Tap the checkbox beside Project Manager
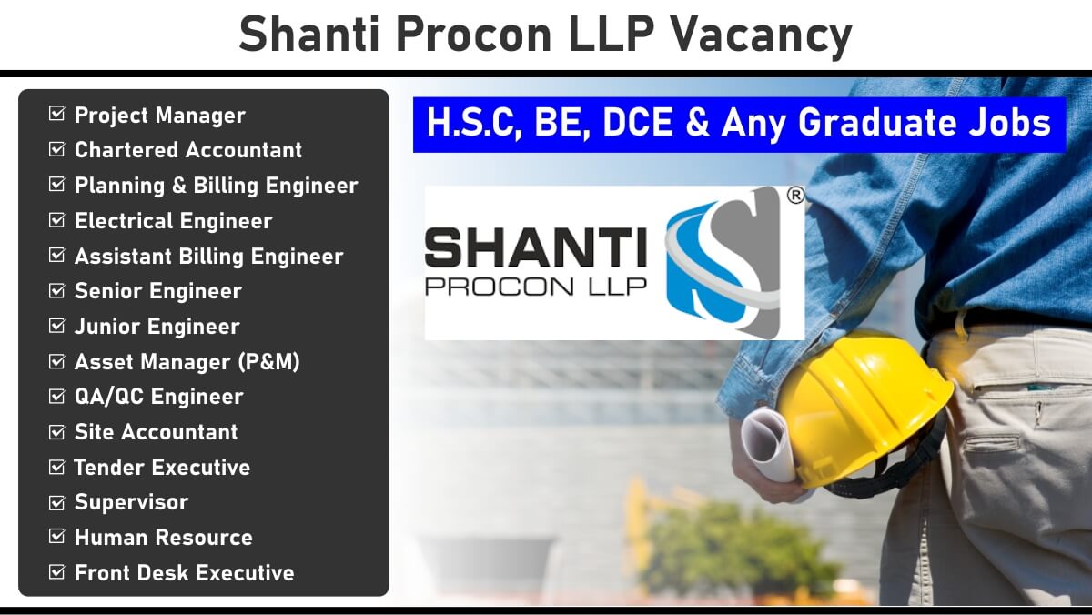pos(56,114)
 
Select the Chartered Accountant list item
pos(188,149)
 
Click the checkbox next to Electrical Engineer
pos(56,220)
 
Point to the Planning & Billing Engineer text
pos(217,186)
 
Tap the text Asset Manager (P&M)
pos(187,361)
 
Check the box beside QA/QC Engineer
pos(56,396)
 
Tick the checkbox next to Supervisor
pos(56,502)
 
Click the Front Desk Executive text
pos(184,572)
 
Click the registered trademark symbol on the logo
pos(795,196)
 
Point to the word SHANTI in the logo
pos(536,247)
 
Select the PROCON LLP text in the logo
pos(536,287)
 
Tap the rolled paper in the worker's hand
pos(768,445)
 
